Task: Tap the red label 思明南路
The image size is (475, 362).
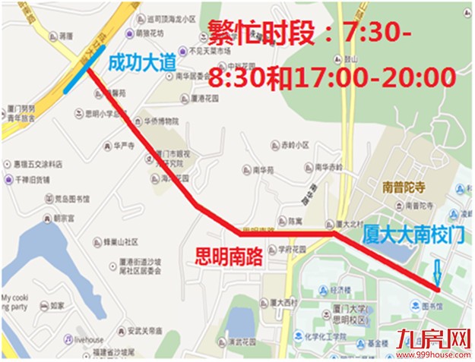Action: [230, 257]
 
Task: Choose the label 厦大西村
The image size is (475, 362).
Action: [283, 301]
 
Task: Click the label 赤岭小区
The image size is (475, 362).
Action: [295, 144]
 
